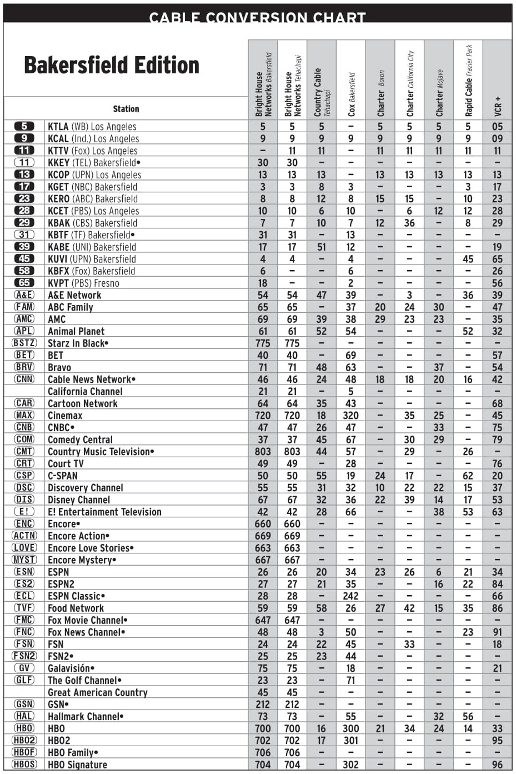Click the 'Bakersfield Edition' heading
click(111, 66)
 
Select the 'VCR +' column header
click(498, 106)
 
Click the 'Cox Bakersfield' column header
click(351, 94)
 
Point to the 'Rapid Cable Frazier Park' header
click(468, 81)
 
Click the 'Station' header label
click(126, 109)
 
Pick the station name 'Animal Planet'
click(76, 331)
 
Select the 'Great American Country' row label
click(98, 692)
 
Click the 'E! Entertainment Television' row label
click(104, 512)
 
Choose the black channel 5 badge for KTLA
click(24, 126)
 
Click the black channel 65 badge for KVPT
click(24, 283)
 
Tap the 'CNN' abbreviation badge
click(24, 379)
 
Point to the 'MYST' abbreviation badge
click(24, 560)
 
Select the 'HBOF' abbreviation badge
click(24, 752)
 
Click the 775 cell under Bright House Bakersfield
click(263, 343)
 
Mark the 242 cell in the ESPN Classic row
click(351, 596)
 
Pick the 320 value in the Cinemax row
click(351, 416)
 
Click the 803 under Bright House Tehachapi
click(292, 452)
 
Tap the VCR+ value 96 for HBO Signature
click(498, 765)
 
